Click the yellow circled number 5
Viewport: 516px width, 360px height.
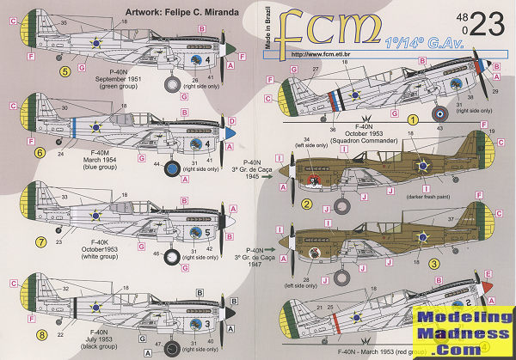[41, 71]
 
